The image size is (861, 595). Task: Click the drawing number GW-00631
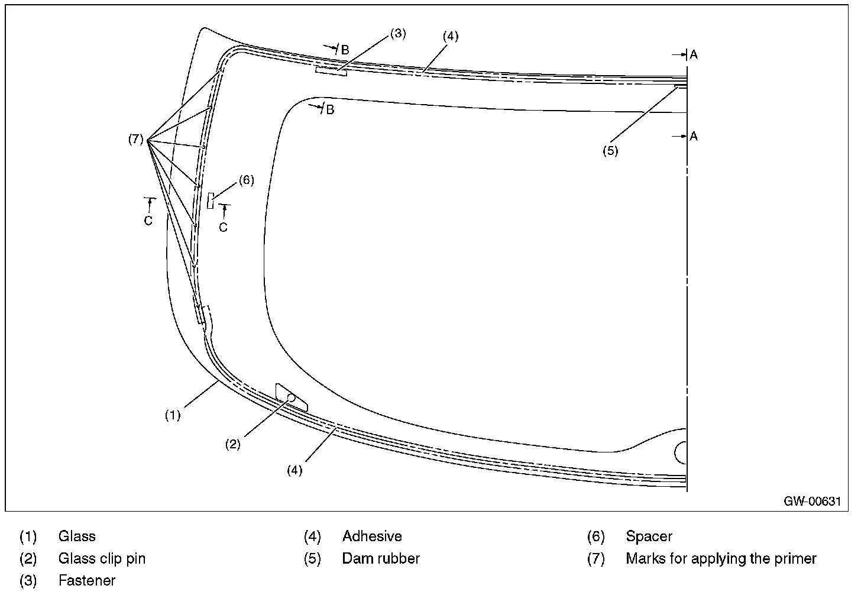pos(812,501)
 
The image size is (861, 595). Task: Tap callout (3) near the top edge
pos(398,34)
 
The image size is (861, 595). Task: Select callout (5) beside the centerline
pos(610,151)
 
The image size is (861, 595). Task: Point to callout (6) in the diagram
pos(247,180)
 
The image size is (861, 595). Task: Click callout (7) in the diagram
pos(135,139)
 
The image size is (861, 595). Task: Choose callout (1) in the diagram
pos(173,415)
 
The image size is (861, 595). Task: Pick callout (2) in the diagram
pos(232,444)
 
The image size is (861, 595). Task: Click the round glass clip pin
pos(292,398)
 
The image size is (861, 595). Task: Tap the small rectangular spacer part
pos(211,201)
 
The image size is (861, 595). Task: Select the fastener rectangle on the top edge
pos(331,71)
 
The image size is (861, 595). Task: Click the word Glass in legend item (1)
pos(77,536)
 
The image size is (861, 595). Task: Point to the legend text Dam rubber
pos(381,558)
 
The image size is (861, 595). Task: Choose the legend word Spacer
pos(649,536)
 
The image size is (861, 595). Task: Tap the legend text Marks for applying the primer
pos(721,559)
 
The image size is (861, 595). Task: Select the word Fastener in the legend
pos(87,580)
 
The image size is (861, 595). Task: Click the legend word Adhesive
pos(372,536)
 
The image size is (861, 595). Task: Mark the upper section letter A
pos(694,55)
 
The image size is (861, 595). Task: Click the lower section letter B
pos(330,110)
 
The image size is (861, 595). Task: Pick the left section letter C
pos(148,221)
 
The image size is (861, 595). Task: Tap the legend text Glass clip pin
pos(102,559)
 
